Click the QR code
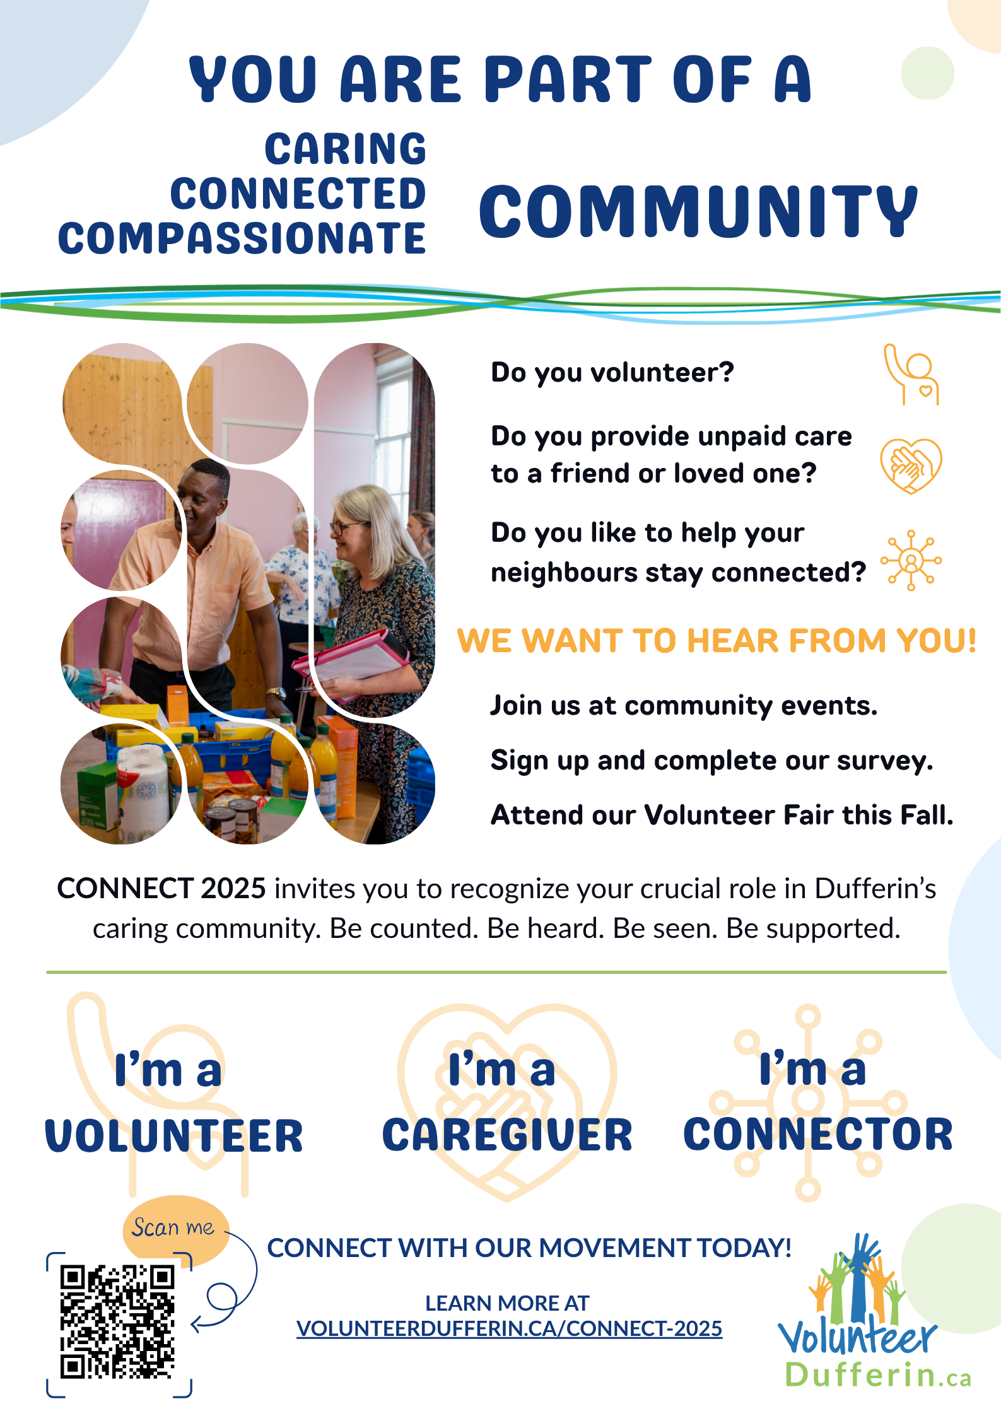coord(118,1321)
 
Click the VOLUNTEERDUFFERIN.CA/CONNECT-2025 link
coord(509,1328)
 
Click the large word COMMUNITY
coord(698,211)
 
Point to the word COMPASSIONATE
coord(242,238)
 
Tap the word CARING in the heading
coord(345,149)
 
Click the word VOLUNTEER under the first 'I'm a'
coord(174,1135)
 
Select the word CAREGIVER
coord(507,1135)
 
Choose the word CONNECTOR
coord(818,1134)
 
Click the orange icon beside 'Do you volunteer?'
coord(911,374)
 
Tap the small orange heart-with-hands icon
coord(911,466)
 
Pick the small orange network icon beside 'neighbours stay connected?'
coord(911,560)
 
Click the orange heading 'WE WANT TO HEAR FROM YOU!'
coord(717,641)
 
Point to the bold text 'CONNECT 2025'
coord(161,888)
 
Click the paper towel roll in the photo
coord(146,789)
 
